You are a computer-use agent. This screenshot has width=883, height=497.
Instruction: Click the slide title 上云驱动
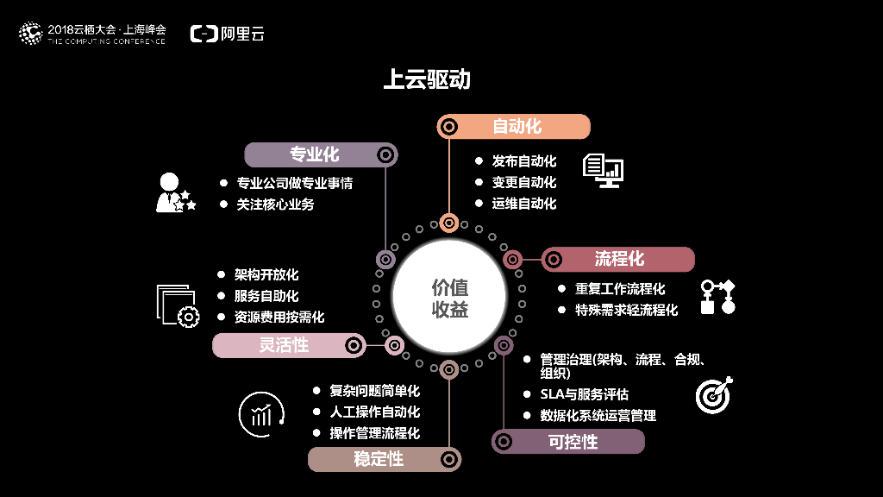coord(427,79)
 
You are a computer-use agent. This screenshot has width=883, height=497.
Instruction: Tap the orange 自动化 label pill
coord(514,127)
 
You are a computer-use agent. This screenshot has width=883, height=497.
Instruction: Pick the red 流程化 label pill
coord(618,259)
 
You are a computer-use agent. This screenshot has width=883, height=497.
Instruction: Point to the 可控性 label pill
coord(568,442)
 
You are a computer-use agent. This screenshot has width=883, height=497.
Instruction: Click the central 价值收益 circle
coord(448,298)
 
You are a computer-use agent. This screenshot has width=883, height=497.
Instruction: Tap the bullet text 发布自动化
coord(524,161)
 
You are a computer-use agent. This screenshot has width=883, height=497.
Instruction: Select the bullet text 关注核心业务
coord(276,204)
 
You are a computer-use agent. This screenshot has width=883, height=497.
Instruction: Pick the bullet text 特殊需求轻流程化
coord(626,310)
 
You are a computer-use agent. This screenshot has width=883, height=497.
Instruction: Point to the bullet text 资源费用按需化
coord(279,317)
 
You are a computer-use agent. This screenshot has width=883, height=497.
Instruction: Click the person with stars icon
coord(174,192)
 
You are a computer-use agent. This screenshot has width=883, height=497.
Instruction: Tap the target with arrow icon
coord(714,393)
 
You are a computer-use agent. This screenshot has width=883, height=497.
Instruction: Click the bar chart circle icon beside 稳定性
coord(261,415)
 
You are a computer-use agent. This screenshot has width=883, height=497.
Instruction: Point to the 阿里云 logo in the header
coord(228,34)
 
